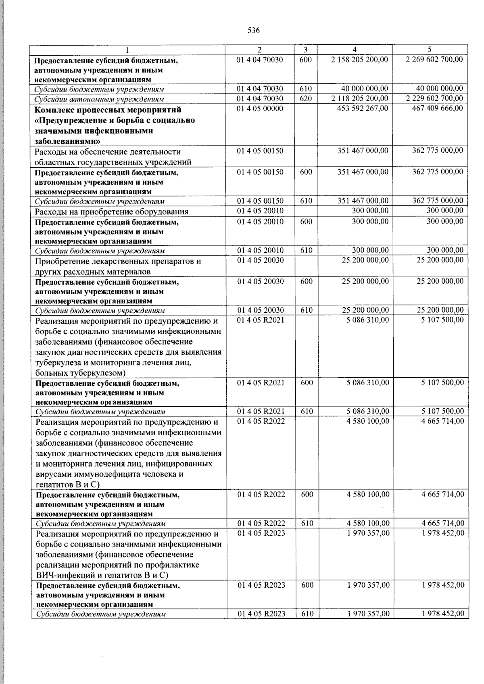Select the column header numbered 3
305,50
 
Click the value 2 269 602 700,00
434,60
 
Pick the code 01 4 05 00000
260,108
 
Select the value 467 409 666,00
437,108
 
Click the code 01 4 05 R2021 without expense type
261,320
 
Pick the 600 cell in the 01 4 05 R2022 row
307,494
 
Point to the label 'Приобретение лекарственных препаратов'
118,261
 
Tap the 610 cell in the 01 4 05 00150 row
306,201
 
